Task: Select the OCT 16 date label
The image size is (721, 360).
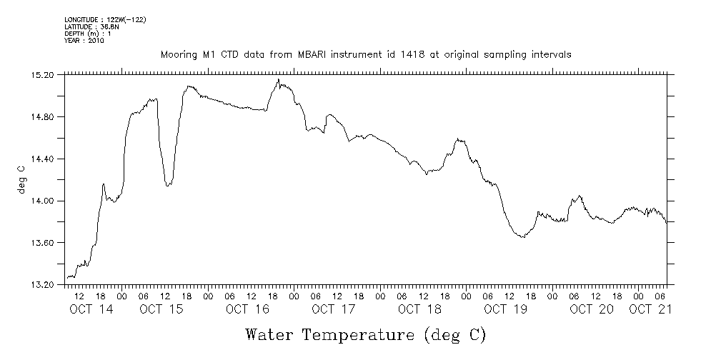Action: coord(247,309)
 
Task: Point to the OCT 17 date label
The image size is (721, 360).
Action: coord(333,309)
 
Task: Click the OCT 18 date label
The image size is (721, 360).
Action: coord(419,309)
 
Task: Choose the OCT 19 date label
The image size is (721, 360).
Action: coord(505,309)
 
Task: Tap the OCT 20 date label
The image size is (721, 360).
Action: coord(592,309)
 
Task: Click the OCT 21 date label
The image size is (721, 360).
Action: coord(650,309)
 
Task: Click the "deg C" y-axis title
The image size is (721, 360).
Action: coord(21,179)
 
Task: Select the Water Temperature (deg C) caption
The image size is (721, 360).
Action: coord(365,334)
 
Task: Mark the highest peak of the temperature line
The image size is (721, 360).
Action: coord(278,79)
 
